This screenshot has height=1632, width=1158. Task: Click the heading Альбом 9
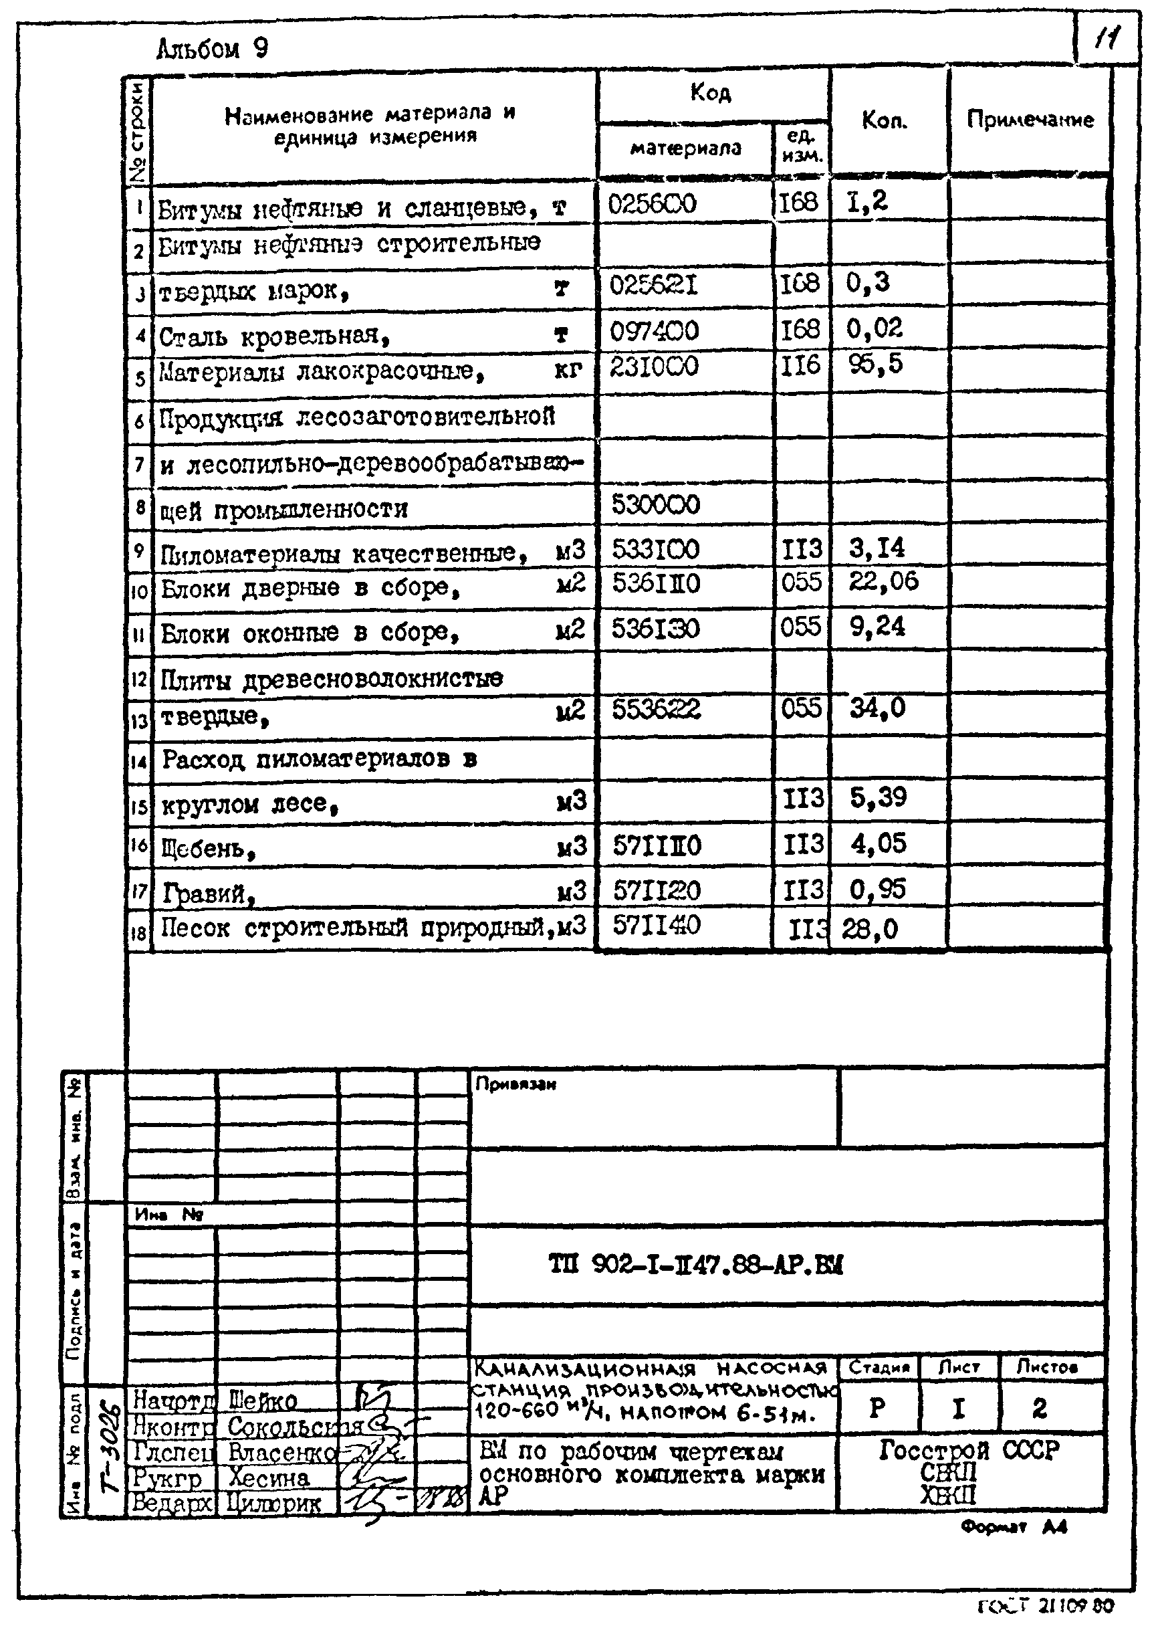212,49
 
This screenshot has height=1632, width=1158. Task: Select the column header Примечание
1030,119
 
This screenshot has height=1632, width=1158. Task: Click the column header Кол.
884,120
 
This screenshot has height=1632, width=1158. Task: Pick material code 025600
652,205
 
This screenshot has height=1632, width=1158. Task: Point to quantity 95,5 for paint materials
876,365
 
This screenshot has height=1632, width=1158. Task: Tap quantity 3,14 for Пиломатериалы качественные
877,548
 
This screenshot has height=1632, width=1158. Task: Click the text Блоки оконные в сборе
309,633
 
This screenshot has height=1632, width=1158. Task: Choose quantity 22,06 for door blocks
883,582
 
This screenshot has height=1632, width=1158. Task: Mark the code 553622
656,709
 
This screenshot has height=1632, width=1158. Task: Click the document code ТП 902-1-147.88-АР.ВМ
695,1265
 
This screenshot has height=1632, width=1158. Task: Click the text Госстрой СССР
968,1450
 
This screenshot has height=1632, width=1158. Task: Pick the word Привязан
515,1084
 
